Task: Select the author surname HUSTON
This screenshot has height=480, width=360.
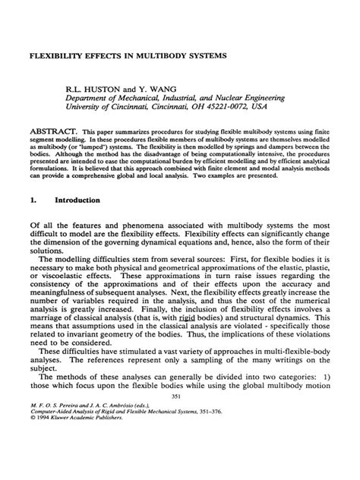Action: pyautogui.click(x=102, y=87)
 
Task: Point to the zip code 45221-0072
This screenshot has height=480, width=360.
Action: pyautogui.click(x=225, y=107)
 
